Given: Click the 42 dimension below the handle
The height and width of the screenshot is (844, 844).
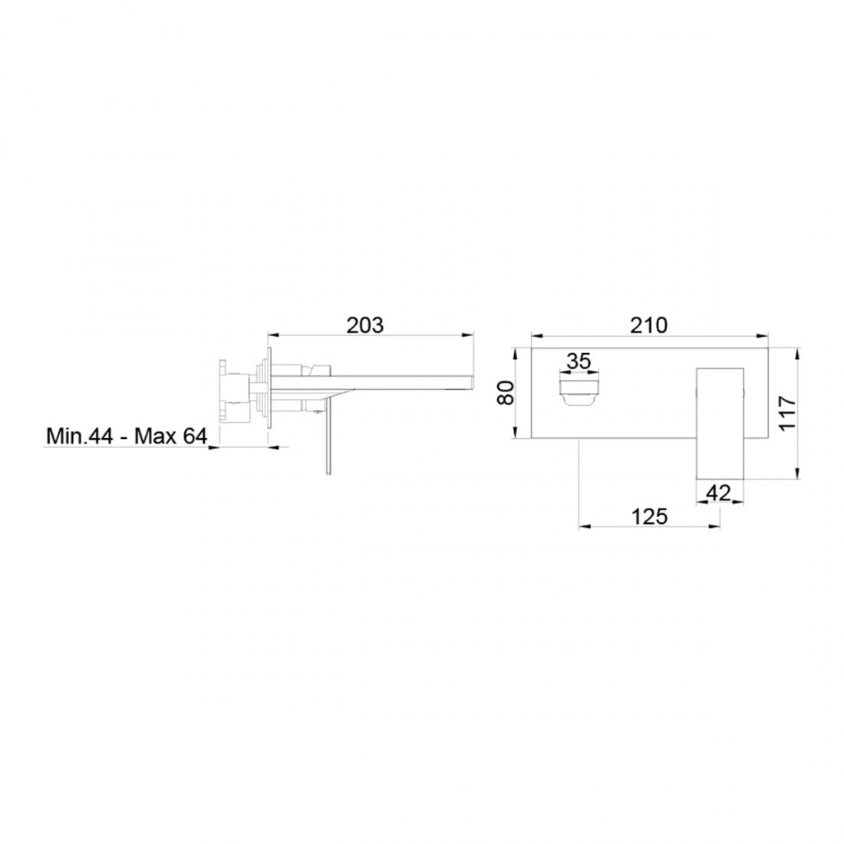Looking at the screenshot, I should tap(718, 493).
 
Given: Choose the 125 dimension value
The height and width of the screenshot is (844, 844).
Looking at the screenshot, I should tap(650, 516).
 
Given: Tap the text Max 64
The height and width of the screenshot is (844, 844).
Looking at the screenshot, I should tap(170, 437).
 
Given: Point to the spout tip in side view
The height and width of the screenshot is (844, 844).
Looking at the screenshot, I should tap(470, 381).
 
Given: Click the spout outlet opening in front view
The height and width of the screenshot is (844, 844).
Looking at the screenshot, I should tap(580, 389).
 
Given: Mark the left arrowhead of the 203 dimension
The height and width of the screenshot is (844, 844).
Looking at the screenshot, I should tap(271, 335).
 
